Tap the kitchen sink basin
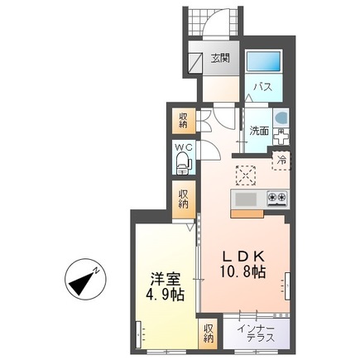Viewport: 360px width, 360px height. pyautogui.click(x=247, y=199)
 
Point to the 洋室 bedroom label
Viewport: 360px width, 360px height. pyautogui.click(x=165, y=279)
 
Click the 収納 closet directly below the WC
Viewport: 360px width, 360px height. pyautogui.click(x=182, y=199)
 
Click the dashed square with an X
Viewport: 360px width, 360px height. pyautogui.click(x=246, y=175)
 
